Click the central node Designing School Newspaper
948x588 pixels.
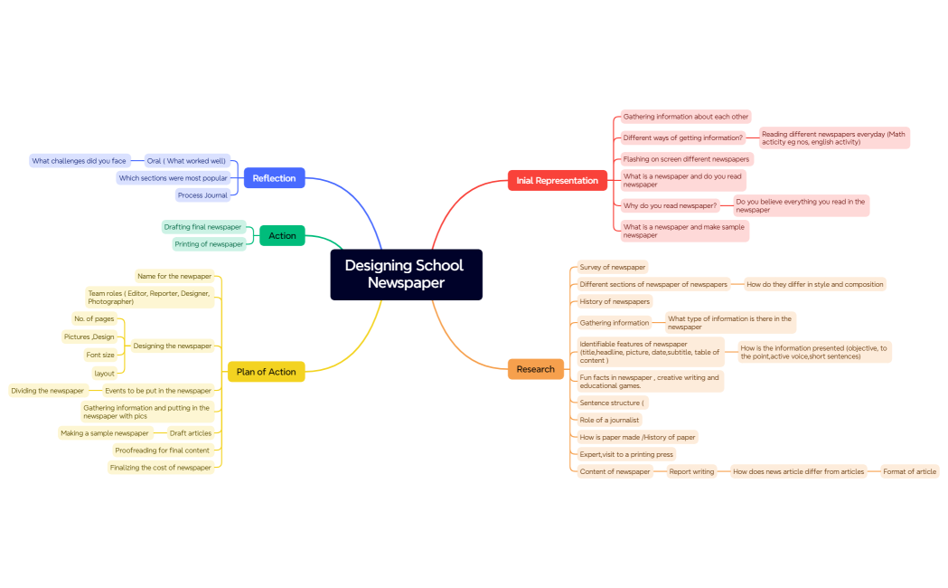click(406, 274)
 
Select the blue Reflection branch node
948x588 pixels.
click(274, 178)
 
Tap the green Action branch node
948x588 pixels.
click(282, 235)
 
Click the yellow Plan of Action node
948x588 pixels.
click(266, 372)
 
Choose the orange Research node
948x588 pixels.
click(536, 369)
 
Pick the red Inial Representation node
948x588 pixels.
click(557, 180)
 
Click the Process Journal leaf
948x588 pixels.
click(202, 195)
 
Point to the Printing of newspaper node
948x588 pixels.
click(209, 244)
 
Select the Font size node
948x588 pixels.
click(100, 355)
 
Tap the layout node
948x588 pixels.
click(104, 373)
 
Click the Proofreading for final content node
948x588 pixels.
click(162, 450)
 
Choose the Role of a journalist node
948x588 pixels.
click(609, 420)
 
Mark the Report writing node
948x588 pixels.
click(691, 471)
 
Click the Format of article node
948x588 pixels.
click(909, 471)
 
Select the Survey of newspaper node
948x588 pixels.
click(613, 267)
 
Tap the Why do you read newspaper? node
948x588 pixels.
click(670, 205)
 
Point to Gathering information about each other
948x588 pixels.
click(685, 117)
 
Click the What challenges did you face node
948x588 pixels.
click(79, 161)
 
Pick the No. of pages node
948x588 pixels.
click(95, 318)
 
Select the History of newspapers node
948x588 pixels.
click(615, 301)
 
